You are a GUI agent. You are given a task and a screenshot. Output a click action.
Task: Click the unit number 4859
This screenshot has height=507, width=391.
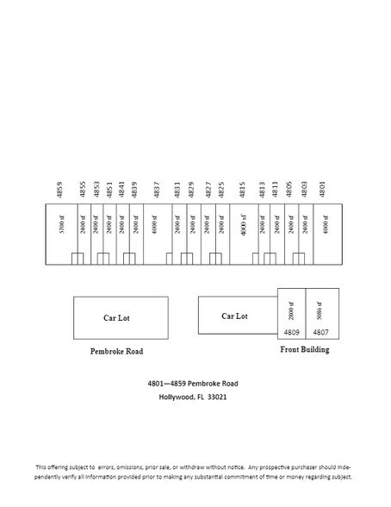59,190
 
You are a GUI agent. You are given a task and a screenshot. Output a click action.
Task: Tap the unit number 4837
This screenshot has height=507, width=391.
157,190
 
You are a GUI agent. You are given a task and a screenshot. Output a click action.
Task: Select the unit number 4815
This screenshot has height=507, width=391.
244,190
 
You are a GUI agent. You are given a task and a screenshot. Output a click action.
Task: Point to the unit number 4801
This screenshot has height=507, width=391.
323,190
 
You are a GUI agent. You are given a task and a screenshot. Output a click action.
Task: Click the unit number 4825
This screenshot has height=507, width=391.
221,190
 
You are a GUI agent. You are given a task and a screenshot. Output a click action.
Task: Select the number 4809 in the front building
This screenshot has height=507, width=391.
290,331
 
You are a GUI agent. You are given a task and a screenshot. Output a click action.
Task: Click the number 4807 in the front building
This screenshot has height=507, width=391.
320,331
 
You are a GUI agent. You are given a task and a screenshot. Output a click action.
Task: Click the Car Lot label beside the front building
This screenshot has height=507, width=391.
234,316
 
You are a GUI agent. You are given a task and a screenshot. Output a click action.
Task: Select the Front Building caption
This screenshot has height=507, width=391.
306,350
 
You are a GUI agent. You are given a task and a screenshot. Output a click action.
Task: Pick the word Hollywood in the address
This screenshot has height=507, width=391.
177,397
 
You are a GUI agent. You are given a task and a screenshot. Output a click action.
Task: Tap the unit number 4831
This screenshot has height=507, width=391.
177,190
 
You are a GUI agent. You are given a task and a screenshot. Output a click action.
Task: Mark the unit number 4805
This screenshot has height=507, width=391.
292,190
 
